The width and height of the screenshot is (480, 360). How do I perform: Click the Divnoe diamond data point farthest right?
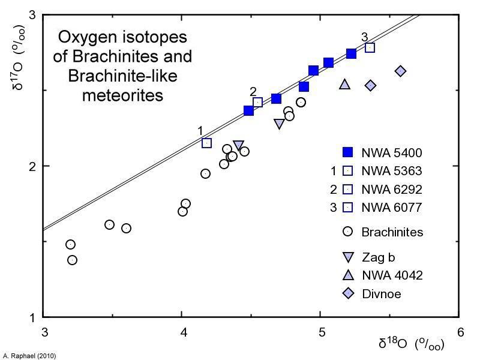401,71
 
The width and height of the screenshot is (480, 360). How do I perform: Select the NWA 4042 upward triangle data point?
344,85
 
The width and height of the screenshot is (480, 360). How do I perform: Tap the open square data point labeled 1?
207,143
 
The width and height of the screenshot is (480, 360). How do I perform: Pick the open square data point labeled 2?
258,103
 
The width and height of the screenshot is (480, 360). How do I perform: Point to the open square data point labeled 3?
370,47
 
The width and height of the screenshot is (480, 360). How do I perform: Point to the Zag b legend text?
378,257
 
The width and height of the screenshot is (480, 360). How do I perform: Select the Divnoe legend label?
381,294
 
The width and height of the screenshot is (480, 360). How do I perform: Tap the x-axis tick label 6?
460,332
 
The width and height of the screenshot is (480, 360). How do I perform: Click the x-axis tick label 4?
183,332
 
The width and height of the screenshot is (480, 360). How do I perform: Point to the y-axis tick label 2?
32,166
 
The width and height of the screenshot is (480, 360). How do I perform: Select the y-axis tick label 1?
32,317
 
